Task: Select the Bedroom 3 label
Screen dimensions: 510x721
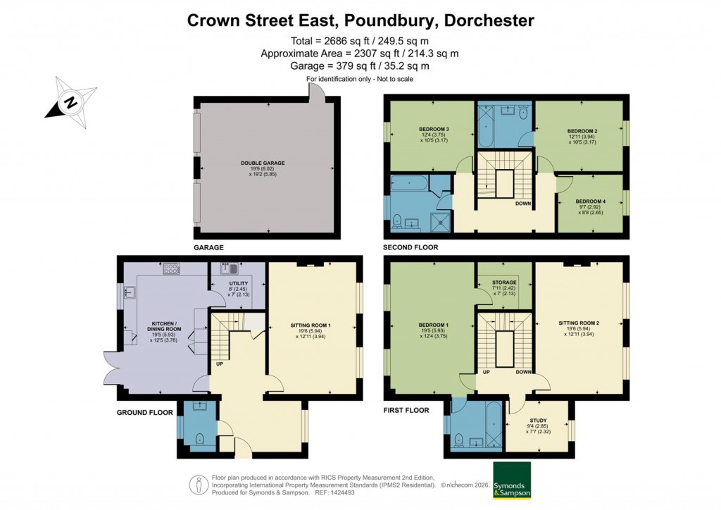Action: [434, 130]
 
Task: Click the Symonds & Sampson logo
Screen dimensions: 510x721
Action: [512, 480]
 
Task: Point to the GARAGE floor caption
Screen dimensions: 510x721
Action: [208, 248]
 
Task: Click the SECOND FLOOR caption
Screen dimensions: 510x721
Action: [410, 248]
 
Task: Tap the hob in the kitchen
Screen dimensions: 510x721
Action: [171, 268]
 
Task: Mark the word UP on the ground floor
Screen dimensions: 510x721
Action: [220, 364]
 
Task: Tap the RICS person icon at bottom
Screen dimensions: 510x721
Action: [199, 483]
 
